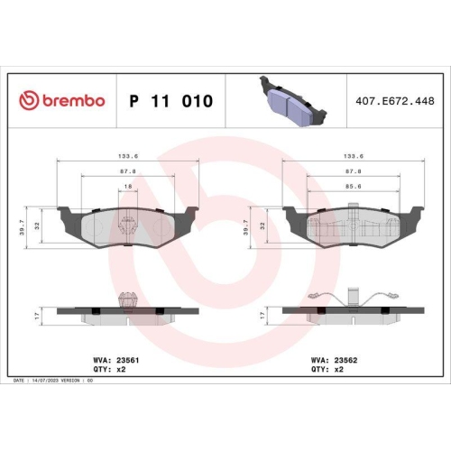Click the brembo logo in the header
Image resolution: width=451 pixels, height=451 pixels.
(62, 101)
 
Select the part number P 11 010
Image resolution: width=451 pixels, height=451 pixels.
(170, 101)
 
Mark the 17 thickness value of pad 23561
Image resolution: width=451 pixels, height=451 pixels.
(37, 314)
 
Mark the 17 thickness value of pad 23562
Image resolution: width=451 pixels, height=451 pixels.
(262, 314)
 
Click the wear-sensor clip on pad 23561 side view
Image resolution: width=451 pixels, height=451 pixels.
(127, 299)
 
